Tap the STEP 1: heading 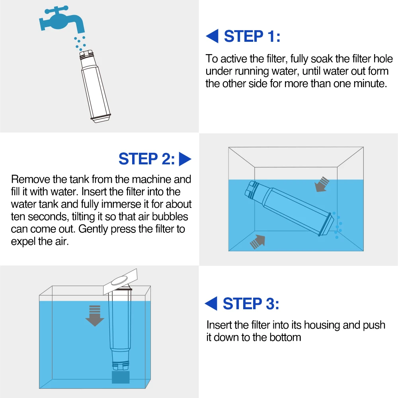click(x=252, y=36)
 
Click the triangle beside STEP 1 click(x=212, y=36)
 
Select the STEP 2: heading click(x=147, y=159)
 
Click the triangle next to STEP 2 click(x=185, y=159)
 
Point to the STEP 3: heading click(x=251, y=303)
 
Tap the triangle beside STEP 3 click(x=211, y=303)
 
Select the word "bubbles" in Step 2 click(x=170, y=217)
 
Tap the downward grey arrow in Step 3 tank click(x=95, y=316)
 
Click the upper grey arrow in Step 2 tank click(x=321, y=184)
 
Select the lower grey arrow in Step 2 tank click(x=258, y=242)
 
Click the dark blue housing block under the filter click(x=121, y=377)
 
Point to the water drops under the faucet click(x=80, y=43)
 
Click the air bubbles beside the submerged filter click(x=338, y=225)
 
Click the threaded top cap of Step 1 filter click(x=86, y=55)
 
